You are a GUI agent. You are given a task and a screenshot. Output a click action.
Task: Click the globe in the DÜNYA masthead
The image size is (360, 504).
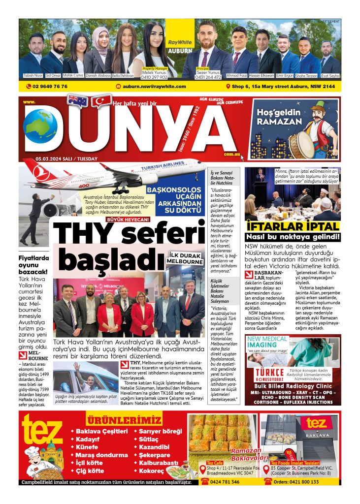pyautogui.click(x=40, y=126)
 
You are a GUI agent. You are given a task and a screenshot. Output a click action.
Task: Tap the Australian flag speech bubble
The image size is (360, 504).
pyautogui.click(x=78, y=100)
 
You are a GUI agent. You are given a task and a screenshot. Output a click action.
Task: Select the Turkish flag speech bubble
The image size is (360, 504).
pyautogui.click(x=101, y=101)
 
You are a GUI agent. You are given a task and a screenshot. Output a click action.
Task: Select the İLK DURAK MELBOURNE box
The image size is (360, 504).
pyautogui.click(x=185, y=258)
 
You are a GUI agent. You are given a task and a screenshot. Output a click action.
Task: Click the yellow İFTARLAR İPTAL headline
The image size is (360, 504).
pyautogui.click(x=293, y=226)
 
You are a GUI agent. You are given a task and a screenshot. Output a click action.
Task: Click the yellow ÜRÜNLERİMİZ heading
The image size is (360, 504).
pyautogui.click(x=124, y=420)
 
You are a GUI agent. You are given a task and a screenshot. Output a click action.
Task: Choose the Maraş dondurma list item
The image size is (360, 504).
pyautogui.click(x=101, y=455)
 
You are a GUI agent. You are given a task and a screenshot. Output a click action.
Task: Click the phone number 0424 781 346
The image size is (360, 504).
pyautogui.click(x=226, y=482)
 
